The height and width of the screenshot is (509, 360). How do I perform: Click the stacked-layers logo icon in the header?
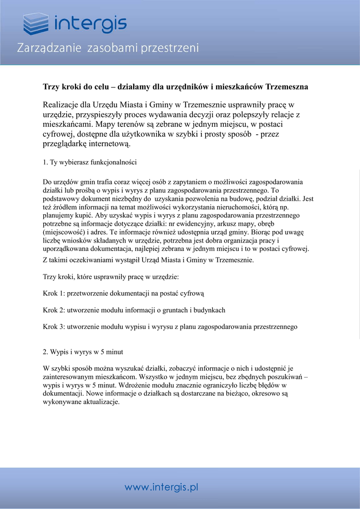pyautogui.click(x=36, y=24)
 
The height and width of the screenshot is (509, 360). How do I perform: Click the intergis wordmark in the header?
pyautogui.click(x=90, y=23)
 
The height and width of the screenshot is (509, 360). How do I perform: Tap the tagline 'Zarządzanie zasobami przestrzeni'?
pyautogui.click(x=108, y=48)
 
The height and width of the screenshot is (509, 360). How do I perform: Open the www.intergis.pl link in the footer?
pyautogui.click(x=161, y=487)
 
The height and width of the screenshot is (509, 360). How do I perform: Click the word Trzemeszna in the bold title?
pyautogui.click(x=287, y=87)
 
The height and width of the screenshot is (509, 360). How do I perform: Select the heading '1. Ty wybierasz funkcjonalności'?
pyautogui.click(x=90, y=162)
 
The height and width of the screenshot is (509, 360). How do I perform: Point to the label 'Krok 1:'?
pyautogui.click(x=54, y=293)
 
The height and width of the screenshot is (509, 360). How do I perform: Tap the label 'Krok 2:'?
pyautogui.click(x=54, y=310)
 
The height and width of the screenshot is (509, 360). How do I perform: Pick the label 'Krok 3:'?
pyautogui.click(x=54, y=327)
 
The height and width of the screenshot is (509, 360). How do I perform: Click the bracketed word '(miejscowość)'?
pyautogui.click(x=64, y=232)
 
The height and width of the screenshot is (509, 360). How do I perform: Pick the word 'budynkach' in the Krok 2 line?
pyautogui.click(x=210, y=310)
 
